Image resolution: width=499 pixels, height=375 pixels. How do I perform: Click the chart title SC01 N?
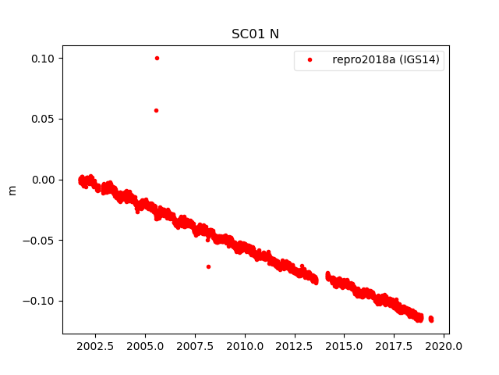click(255, 34)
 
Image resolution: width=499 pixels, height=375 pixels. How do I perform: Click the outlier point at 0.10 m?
click(157, 58)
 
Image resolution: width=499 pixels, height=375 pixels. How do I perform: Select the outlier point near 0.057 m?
click(156, 110)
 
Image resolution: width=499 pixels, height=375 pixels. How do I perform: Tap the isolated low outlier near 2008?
click(208, 266)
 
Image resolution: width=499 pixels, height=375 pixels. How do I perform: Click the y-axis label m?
click(12, 190)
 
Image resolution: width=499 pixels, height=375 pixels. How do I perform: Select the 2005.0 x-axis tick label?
click(145, 346)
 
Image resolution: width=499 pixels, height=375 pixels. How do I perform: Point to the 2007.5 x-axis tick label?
click(195, 346)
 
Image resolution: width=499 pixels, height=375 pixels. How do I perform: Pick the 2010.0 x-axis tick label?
click(245, 346)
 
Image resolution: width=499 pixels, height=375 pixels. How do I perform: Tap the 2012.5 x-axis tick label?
click(295, 346)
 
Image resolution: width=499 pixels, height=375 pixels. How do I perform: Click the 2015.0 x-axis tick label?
click(345, 346)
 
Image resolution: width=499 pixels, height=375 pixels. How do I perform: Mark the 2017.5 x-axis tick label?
click(395, 346)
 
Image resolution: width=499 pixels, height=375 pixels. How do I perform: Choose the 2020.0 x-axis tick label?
click(444, 346)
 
